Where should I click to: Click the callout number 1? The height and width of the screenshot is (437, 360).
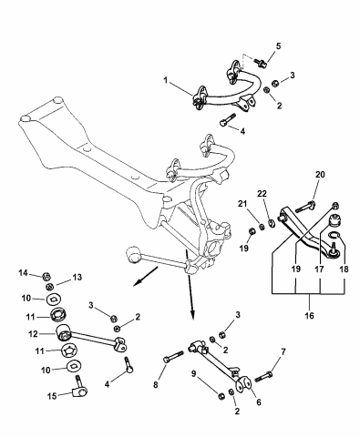point(166,80)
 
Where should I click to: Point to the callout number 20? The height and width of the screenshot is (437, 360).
point(319,175)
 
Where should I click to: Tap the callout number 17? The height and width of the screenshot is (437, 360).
point(318,269)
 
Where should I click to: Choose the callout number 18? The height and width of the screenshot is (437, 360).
point(344,269)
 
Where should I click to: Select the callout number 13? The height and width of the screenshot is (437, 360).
point(77,277)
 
